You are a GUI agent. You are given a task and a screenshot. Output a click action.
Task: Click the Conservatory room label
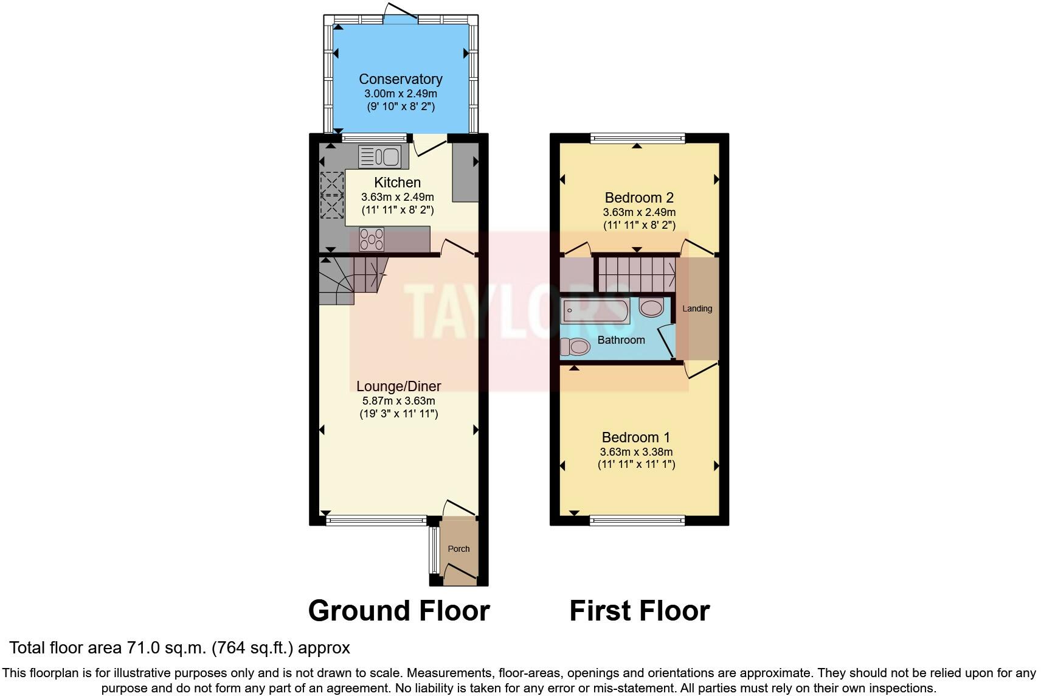pos(400,79)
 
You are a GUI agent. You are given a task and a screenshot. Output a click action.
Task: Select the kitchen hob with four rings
pos(372,238)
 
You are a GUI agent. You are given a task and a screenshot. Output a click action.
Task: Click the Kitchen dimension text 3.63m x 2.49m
pos(397,197)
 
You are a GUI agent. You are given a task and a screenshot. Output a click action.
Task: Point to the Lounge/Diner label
pos(398,386)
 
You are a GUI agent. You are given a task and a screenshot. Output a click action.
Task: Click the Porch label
pos(458,549)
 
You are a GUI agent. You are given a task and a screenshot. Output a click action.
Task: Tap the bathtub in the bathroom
pos(595,311)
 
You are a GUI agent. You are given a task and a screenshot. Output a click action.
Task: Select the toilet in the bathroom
pos(575,347)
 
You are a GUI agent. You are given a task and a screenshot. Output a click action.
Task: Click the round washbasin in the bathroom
pos(651,308)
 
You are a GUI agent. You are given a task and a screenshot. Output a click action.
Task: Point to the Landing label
pos(697,308)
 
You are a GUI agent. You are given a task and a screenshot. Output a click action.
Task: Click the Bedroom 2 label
pos(639,198)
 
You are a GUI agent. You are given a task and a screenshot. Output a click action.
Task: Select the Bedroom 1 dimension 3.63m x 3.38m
pos(636,452)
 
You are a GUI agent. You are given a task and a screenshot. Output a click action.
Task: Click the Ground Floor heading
pos(399,611)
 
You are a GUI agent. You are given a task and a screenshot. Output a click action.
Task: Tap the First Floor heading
pos(639,611)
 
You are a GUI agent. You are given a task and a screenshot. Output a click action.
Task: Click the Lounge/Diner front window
pos(376,520)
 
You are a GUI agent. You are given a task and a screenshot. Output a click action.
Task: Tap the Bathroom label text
pos(621,340)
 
